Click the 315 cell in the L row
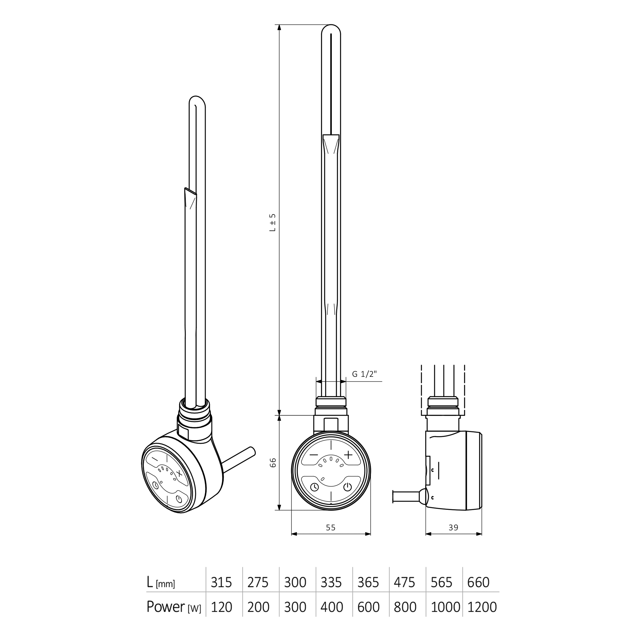pyautogui.click(x=221, y=582)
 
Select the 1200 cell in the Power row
pyautogui.click(x=482, y=607)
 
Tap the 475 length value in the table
pyautogui.click(x=404, y=582)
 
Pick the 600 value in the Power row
pyautogui.click(x=368, y=607)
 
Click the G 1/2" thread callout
pyautogui.click(x=364, y=374)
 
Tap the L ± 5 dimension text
pyautogui.click(x=273, y=222)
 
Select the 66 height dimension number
pyautogui.click(x=273, y=462)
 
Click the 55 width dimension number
pyautogui.click(x=331, y=528)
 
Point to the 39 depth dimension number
pyautogui.click(x=453, y=528)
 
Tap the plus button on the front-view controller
pyautogui.click(x=348, y=454)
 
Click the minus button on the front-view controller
pyautogui.click(x=314, y=454)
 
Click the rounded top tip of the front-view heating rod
pyautogui.click(x=331, y=28)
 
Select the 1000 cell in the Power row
pyautogui.click(x=445, y=607)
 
